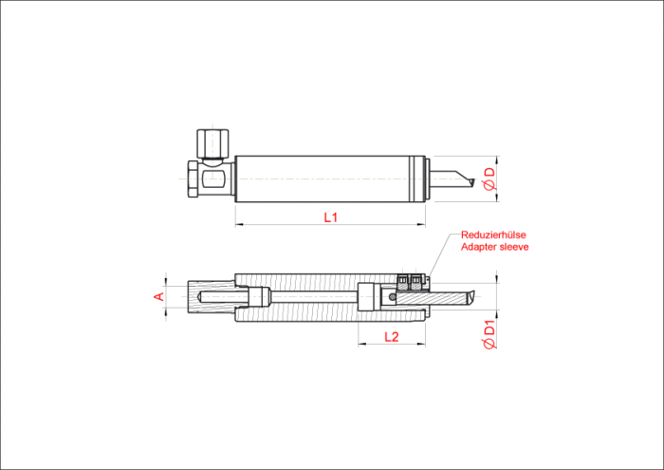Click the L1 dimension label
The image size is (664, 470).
coord(331,217)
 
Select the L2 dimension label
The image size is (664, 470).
coord(392,337)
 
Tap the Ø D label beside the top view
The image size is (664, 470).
coord(489,179)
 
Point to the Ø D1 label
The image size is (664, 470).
coord(489,335)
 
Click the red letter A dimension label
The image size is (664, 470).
coord(158,296)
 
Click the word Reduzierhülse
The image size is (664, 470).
coord(493,235)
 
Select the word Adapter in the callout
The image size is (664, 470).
coord(475,247)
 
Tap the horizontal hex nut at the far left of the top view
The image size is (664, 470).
coord(193,179)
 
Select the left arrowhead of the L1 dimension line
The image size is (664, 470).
coord(238,224)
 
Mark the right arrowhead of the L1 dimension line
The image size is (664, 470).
coord(422,224)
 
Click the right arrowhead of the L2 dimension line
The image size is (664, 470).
coord(422,344)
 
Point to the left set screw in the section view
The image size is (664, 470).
coord(403,280)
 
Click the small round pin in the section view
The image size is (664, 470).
coord(393,297)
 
